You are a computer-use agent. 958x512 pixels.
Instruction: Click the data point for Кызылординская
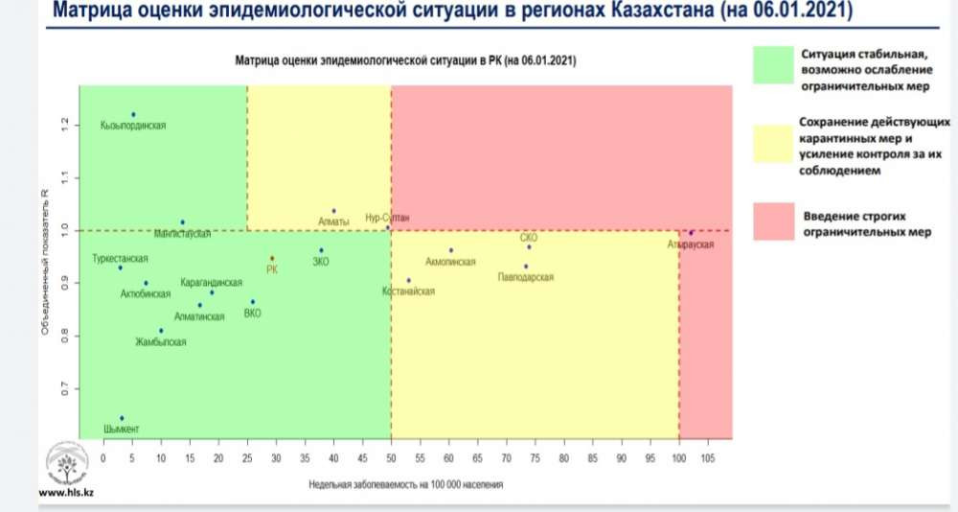pos(133,115)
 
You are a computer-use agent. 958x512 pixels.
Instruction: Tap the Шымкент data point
pos(122,419)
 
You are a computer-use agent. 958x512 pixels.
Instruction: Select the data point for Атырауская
pos(691,233)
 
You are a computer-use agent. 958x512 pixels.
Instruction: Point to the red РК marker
pos(272,259)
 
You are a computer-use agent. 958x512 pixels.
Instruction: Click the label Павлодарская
pos(526,277)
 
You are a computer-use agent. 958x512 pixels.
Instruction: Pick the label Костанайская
pos(409,291)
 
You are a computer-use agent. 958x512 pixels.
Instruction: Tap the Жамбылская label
pos(161,342)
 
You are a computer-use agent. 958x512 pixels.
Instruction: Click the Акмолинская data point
pos(450,250)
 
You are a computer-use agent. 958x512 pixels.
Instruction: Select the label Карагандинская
pos(212,283)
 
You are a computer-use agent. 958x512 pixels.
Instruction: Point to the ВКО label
pos(253,313)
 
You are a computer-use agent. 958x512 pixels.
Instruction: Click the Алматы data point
pos(333,211)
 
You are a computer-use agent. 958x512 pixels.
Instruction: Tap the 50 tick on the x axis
pos(391,456)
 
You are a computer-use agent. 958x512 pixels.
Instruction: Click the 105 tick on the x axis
pos(708,456)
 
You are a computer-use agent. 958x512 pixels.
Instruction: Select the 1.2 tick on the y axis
pos(66,125)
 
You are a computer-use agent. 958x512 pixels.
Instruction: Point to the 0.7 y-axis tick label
pos(66,388)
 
